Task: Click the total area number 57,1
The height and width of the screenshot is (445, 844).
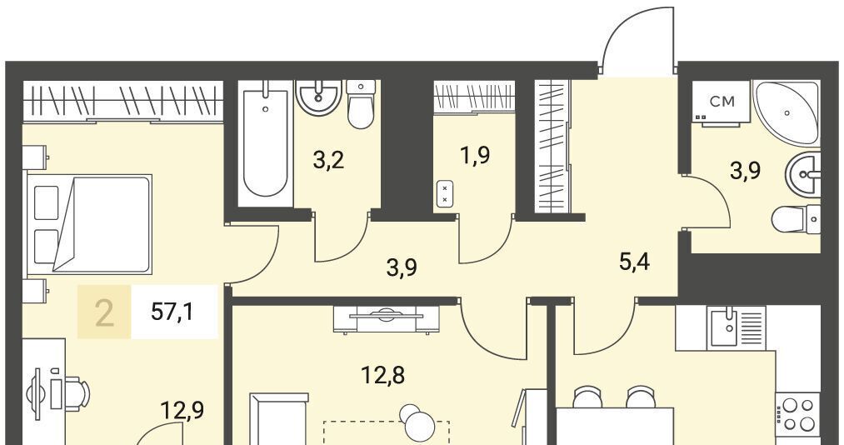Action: [172, 312]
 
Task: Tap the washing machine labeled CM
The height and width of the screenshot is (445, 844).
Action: [722, 103]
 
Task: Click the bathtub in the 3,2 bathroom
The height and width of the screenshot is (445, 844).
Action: [265, 143]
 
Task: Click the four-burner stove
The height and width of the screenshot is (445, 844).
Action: [798, 414]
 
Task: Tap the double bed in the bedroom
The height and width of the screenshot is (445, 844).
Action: [89, 223]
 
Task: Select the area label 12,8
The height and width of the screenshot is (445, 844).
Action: [383, 375]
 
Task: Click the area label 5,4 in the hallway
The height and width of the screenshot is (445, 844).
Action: [634, 263]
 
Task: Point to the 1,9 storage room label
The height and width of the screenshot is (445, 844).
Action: [476, 157]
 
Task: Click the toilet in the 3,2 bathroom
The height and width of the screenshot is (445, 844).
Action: [361, 104]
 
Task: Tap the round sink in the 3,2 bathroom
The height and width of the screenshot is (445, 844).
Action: [319, 97]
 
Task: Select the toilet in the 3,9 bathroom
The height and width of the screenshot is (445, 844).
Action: [796, 219]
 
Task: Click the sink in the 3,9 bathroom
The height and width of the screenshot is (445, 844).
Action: [803, 174]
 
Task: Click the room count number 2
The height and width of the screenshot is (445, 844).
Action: [104, 314]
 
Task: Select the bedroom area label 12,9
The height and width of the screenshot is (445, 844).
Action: [182, 411]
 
